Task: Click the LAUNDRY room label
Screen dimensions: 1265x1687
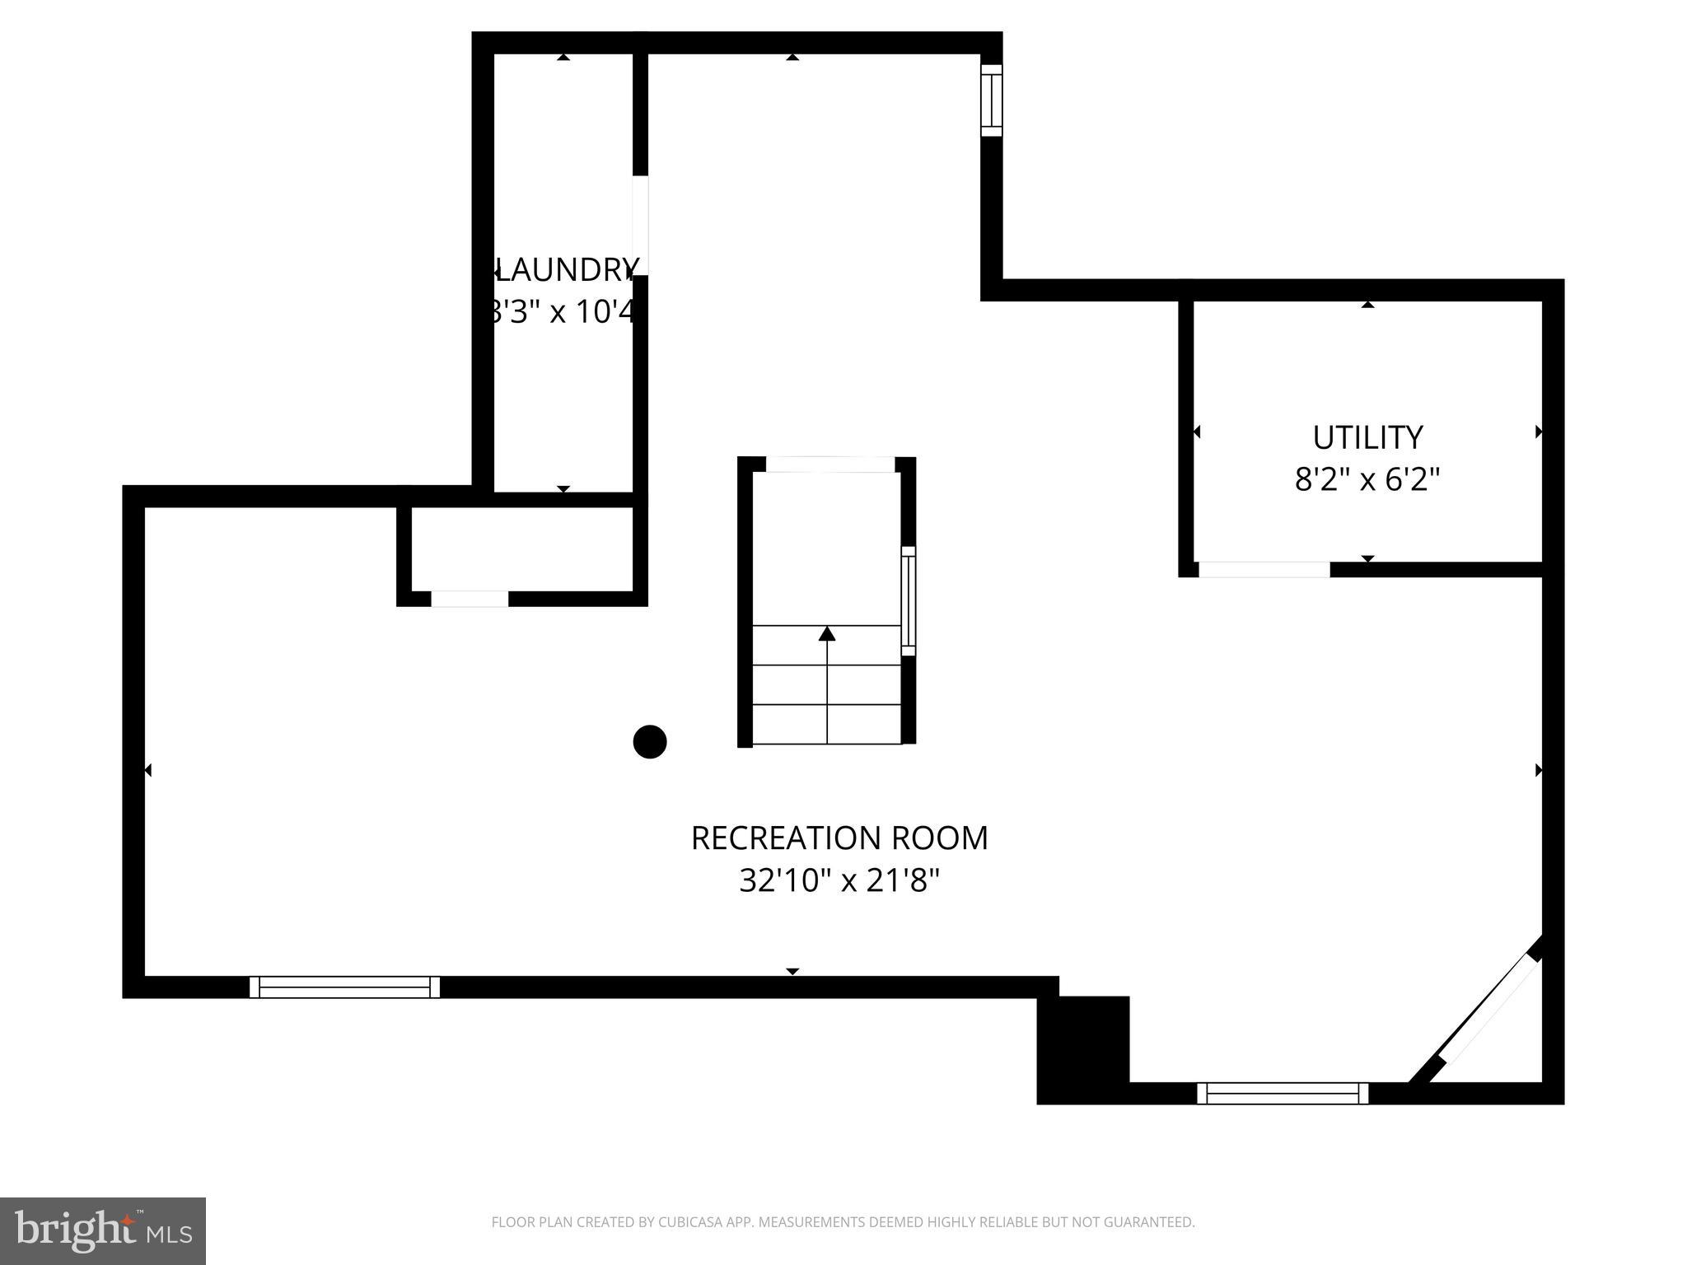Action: click(x=565, y=270)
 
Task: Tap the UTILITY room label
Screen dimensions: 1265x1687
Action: click(x=1367, y=437)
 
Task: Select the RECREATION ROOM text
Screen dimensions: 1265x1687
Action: click(x=839, y=838)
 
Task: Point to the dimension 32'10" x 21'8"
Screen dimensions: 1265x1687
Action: click(x=839, y=881)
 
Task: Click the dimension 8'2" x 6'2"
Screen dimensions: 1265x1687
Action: click(x=1367, y=479)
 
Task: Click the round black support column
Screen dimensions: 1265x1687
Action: click(x=649, y=742)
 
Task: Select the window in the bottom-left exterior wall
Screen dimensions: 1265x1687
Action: click(x=344, y=987)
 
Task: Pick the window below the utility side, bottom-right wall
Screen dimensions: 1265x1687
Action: click(x=1282, y=1093)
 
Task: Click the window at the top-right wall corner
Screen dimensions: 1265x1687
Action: click(x=991, y=100)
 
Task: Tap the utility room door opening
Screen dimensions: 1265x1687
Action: click(x=1264, y=569)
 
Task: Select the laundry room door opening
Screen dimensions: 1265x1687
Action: click(x=640, y=225)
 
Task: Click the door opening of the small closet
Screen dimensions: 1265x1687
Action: click(x=470, y=599)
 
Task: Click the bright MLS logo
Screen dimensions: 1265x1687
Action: click(x=103, y=1230)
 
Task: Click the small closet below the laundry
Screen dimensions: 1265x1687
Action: click(x=522, y=548)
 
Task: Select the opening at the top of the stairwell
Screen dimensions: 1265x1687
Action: click(x=829, y=464)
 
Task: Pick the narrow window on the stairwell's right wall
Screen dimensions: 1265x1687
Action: click(x=908, y=600)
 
